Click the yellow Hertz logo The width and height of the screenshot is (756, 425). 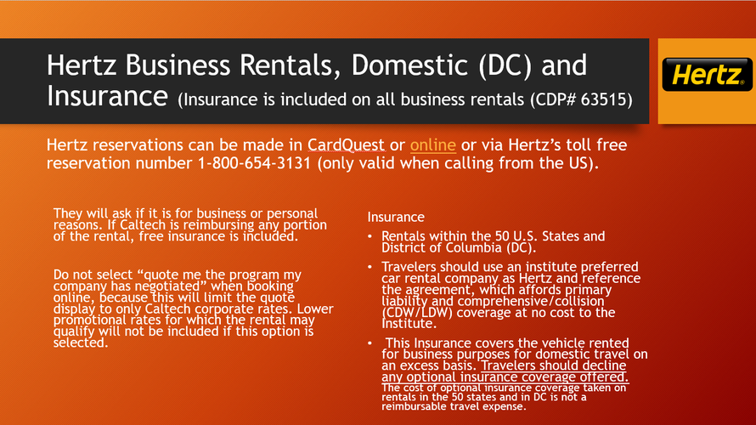click(708, 75)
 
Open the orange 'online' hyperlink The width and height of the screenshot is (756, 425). click(433, 144)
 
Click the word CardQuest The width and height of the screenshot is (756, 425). click(347, 144)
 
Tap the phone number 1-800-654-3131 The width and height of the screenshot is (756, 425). click(255, 163)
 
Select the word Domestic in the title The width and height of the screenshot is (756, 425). click(409, 65)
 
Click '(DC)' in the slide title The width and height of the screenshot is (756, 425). click(505, 65)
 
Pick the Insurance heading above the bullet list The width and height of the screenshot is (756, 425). click(396, 217)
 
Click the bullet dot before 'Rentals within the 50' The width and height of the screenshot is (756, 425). click(370, 236)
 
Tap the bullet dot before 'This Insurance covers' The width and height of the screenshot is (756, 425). click(370, 343)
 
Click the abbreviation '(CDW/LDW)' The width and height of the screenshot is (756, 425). click(417, 313)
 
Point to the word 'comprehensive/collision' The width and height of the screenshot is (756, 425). click(531, 301)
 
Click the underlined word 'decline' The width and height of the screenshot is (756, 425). click(604, 365)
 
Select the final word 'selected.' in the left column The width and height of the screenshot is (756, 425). click(81, 343)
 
